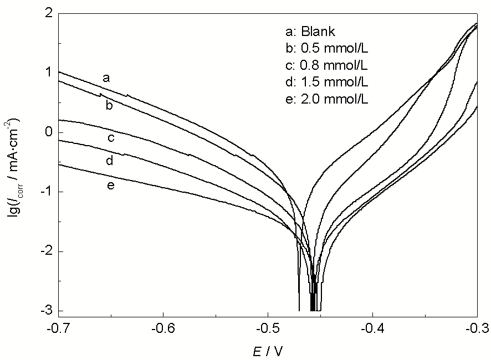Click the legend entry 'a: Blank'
point(310,31)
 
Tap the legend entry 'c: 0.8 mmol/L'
point(325,65)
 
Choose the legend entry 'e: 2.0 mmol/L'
point(325,100)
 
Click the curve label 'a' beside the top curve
point(106,78)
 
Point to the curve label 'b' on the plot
point(109,105)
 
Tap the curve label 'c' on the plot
point(110,137)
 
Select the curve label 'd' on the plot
point(110,161)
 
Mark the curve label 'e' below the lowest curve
point(110,185)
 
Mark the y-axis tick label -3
point(45,311)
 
